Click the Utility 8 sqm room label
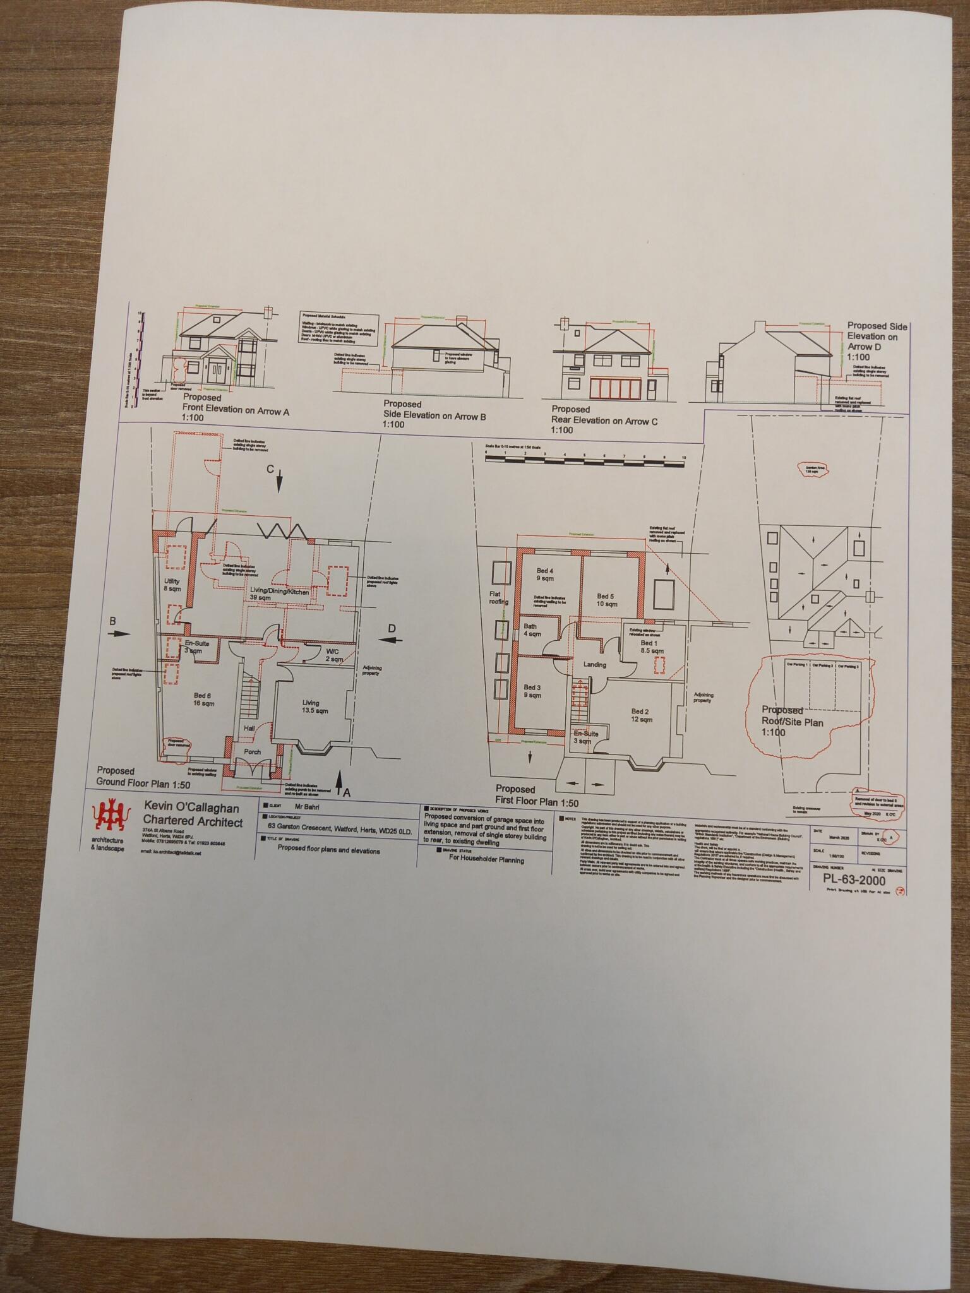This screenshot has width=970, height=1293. tap(172, 585)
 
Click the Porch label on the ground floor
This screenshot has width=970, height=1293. tap(252, 752)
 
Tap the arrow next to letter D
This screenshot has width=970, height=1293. tap(392, 640)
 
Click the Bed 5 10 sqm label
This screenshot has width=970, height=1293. tap(606, 600)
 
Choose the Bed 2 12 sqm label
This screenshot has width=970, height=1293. tap(641, 715)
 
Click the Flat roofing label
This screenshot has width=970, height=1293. tap(498, 598)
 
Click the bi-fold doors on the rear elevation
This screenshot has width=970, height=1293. tap(609, 388)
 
